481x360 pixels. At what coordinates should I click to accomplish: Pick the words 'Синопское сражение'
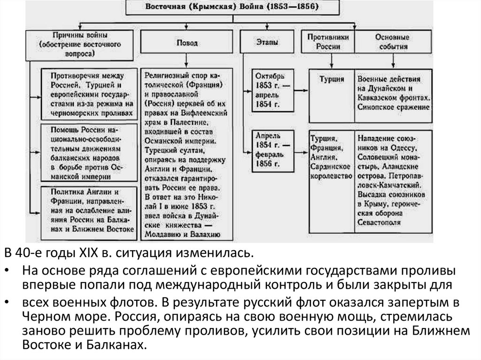[x=393, y=107]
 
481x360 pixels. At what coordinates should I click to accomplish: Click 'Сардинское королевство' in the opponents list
[x=332, y=171]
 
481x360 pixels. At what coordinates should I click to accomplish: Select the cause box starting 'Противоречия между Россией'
[x=87, y=94]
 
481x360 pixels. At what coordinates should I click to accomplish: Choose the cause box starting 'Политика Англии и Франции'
[x=87, y=210]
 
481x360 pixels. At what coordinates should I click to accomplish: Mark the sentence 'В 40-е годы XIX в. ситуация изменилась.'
[x=129, y=255]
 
